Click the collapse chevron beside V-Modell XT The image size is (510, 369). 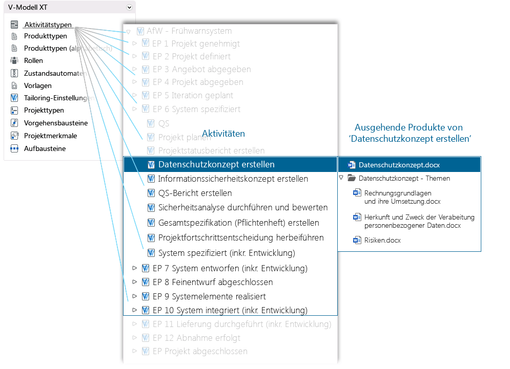click(129, 8)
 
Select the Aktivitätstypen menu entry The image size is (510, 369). click(48, 25)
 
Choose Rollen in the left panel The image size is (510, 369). click(33, 60)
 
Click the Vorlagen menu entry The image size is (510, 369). click(37, 85)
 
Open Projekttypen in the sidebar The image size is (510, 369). click(44, 110)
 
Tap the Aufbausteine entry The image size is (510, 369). click(45, 148)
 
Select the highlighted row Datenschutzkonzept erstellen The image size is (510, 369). click(216, 165)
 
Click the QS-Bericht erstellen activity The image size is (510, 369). click(195, 193)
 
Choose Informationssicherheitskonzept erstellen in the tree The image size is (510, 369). click(233, 179)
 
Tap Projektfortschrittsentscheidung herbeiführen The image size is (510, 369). click(241, 237)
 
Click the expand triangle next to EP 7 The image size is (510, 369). click(135, 268)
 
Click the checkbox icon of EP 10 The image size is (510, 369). click(145, 310)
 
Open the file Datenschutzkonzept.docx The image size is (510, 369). click(399, 165)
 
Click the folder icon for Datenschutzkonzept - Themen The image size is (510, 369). click(352, 178)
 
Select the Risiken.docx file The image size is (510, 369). click(382, 240)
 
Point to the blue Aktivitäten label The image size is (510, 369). click(223, 134)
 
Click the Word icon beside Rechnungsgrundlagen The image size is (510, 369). click(357, 193)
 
